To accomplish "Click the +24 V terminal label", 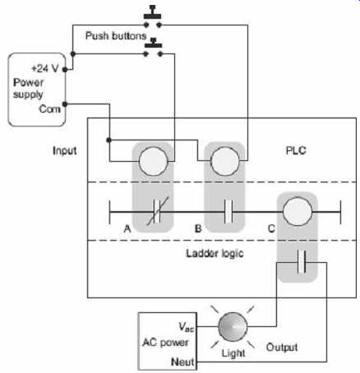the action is [45, 68].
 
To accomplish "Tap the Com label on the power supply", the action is [49, 109].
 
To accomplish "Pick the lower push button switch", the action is [153, 48].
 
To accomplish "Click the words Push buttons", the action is [116, 35].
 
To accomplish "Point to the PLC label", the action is [296, 150].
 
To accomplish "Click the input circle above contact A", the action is [154, 161].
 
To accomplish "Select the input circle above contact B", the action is [225, 161].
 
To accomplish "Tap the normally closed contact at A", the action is [157, 212].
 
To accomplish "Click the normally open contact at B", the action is [228, 212].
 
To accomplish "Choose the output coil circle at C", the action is [298, 211].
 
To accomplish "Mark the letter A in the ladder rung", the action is [127, 228].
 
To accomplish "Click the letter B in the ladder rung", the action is [198, 228].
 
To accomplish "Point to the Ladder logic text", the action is [215, 253].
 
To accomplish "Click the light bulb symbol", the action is [233, 327].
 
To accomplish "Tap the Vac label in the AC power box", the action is [187, 327].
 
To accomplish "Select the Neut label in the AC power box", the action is [182, 361].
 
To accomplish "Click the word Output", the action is [282, 348].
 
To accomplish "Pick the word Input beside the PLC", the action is [65, 150].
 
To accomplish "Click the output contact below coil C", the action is [302, 261].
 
